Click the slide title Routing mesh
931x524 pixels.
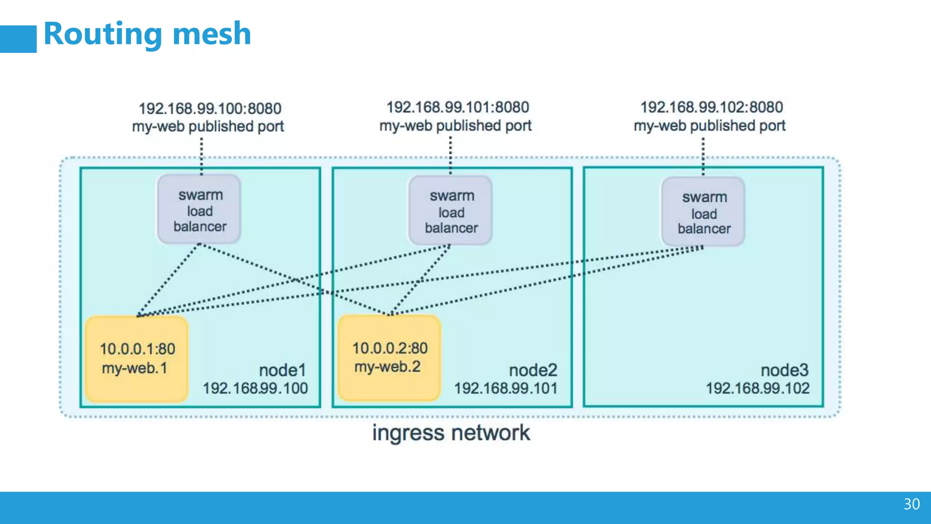pyautogui.click(x=147, y=34)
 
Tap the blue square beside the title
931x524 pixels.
pyautogui.click(x=18, y=39)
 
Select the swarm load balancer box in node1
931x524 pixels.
pyautogui.click(x=199, y=210)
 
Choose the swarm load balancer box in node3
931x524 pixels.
pyautogui.click(x=703, y=212)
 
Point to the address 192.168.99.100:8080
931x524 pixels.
pyautogui.click(x=210, y=109)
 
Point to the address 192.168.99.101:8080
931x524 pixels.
pyautogui.click(x=457, y=107)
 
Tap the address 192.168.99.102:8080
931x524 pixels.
pyautogui.click(x=711, y=107)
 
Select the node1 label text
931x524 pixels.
pyautogui.click(x=282, y=370)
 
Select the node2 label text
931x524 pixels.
pyautogui.click(x=533, y=370)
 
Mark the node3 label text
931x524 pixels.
pyautogui.click(x=785, y=370)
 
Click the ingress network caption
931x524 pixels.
pyautogui.click(x=451, y=433)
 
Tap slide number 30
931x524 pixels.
pyautogui.click(x=911, y=504)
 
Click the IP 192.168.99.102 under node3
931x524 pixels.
pyautogui.click(x=757, y=388)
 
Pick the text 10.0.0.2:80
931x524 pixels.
pyautogui.click(x=390, y=348)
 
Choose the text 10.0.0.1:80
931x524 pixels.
pyautogui.click(x=137, y=349)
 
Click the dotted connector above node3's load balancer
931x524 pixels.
pyautogui.click(x=703, y=156)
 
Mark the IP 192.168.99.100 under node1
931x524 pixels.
pyautogui.click(x=255, y=388)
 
